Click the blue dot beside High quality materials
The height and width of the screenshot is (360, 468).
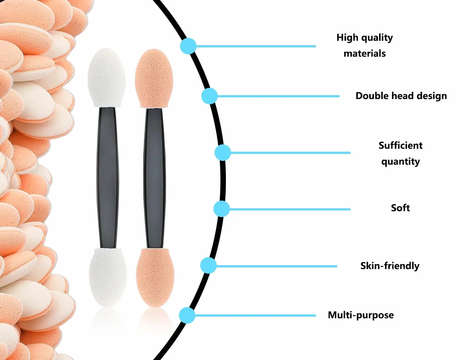pyautogui.click(x=188, y=46)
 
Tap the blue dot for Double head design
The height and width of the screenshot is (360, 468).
pyautogui.click(x=209, y=96)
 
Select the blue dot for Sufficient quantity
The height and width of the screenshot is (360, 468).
pyautogui.click(x=223, y=152)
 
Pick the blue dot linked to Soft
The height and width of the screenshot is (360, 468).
pyautogui.click(x=222, y=209)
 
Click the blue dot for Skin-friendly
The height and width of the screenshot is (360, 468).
pyautogui.click(x=208, y=266)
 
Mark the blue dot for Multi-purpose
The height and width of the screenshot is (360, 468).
pyautogui.click(x=187, y=315)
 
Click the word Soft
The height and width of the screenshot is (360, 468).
pyautogui.click(x=400, y=208)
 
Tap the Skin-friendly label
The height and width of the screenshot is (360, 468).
pyautogui.click(x=390, y=266)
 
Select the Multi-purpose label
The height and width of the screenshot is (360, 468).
pyautogui.click(x=361, y=315)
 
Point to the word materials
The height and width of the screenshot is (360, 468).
pyautogui.click(x=365, y=53)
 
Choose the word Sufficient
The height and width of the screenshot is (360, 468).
pyautogui.click(x=400, y=145)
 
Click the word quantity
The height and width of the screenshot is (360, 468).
pyautogui.click(x=400, y=162)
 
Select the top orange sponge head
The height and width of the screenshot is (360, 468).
pyautogui.click(x=154, y=78)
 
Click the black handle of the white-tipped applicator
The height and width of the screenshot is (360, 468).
pyautogui.click(x=108, y=178)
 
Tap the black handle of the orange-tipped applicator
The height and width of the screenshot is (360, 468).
pyautogui.click(x=154, y=178)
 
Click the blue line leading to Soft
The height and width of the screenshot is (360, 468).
pyautogui.click(x=290, y=209)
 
